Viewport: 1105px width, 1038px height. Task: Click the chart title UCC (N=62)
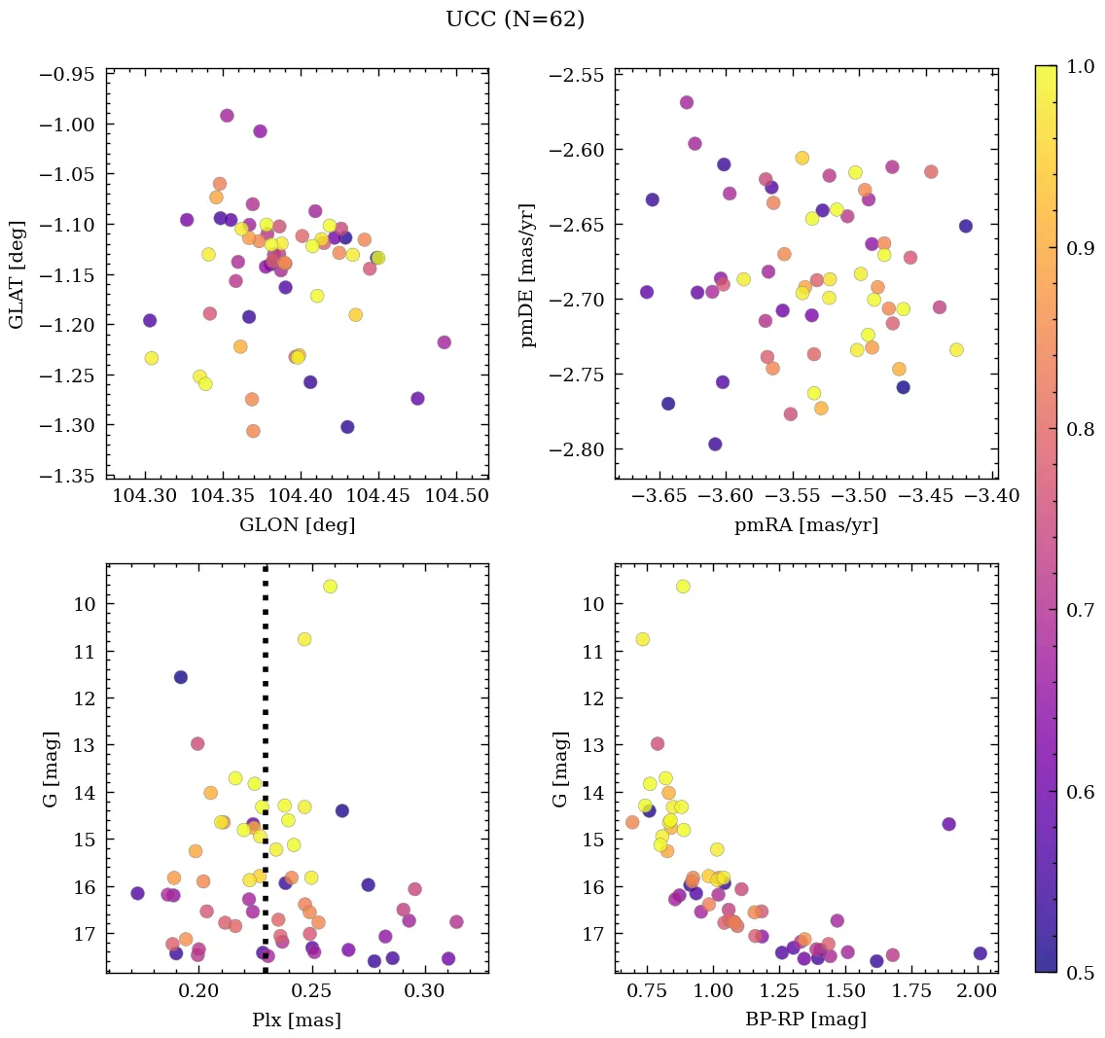tap(515, 19)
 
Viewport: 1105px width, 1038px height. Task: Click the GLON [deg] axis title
tap(297, 525)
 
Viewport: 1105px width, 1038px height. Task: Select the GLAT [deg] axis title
tap(18, 274)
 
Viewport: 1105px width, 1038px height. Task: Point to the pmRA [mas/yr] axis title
tap(805, 525)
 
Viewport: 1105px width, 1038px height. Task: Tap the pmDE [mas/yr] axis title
tap(527, 274)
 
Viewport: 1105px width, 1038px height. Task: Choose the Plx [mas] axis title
tap(297, 1020)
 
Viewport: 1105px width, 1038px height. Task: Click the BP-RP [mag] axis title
tap(805, 1020)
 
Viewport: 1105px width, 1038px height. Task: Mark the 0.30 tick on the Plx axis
tap(423, 990)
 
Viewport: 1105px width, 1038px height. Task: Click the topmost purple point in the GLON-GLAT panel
tap(227, 116)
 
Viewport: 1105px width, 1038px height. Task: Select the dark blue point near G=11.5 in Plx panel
tap(181, 677)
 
